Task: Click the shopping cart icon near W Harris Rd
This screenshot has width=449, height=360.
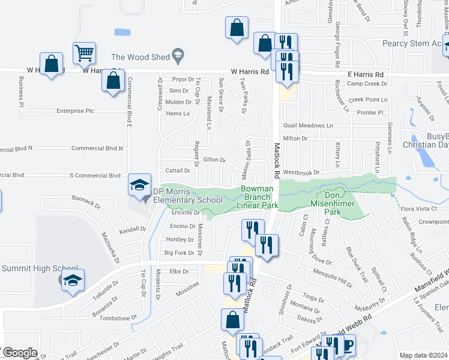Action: [x=85, y=53]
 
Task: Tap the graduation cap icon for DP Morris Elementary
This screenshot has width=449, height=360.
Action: [x=139, y=184]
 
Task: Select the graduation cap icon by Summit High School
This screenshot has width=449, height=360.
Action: [x=73, y=280]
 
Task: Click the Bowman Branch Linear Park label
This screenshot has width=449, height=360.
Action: [x=260, y=197]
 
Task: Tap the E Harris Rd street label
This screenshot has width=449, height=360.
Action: [x=364, y=74]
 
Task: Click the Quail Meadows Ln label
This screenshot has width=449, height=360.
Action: [x=308, y=125]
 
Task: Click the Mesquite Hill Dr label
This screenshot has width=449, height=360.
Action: [x=333, y=278]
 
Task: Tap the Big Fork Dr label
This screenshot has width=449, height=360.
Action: [x=179, y=253]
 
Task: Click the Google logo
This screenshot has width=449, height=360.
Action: [x=19, y=353]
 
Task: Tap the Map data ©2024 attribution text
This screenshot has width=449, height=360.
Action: [x=423, y=355]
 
